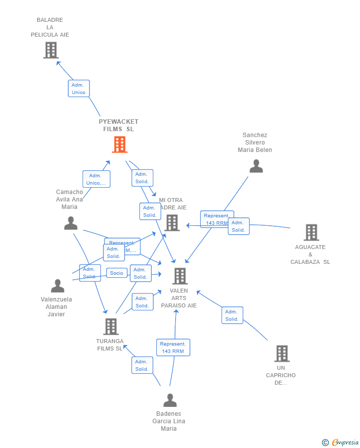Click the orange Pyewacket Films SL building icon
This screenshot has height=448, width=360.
tap(120, 145)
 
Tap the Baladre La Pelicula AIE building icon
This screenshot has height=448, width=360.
tap(51, 50)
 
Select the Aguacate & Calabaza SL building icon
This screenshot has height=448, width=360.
tap(311, 232)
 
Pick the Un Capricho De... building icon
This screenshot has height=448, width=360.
tap(282, 353)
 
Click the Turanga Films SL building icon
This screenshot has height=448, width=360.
tap(111, 327)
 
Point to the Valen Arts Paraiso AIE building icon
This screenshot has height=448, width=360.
tap(180, 276)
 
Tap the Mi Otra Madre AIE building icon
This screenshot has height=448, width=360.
tap(172, 223)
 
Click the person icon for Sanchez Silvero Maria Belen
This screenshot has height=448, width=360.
tap(256, 166)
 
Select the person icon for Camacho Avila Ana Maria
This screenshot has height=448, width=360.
tap(71, 223)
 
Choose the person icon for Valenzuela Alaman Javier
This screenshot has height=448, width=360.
tap(57, 286)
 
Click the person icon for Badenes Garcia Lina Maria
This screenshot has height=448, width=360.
tap(170, 400)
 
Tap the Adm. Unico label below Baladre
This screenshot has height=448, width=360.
tap(79, 89)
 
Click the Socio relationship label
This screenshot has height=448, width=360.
tap(117, 273)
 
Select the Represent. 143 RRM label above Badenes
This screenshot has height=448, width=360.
tap(173, 348)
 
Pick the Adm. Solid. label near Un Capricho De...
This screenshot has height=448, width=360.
tap(232, 315)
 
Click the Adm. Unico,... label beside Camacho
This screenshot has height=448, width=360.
tap(96, 179)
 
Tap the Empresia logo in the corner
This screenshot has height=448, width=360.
tap(340, 442)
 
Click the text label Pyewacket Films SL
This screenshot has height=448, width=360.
tap(119, 125)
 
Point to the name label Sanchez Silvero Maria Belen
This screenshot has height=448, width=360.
tap(255, 143)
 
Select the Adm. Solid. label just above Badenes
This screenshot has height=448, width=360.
tap(142, 365)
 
